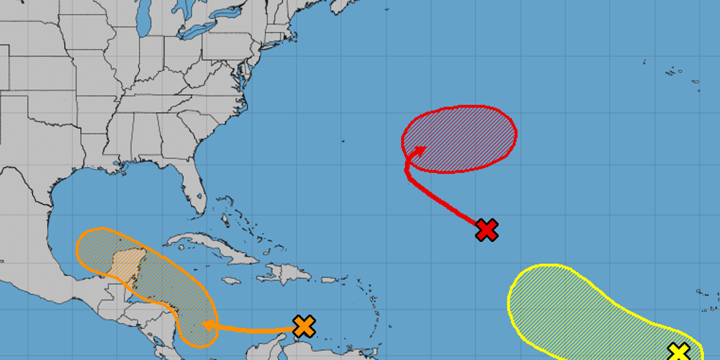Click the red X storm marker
click(487, 230)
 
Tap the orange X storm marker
click(304, 326)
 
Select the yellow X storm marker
click(679, 352)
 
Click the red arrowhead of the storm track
click(420, 149)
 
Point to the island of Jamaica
click(231, 281)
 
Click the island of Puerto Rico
click(320, 279)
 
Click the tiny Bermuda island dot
click(343, 141)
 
